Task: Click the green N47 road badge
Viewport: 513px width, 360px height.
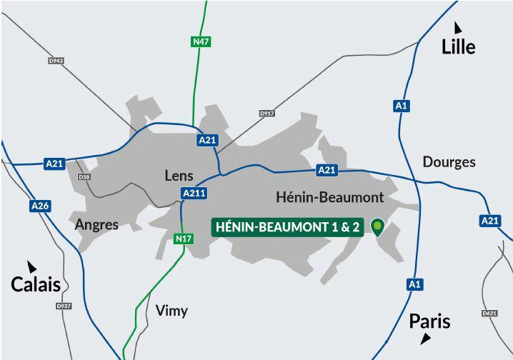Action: click(x=201, y=42)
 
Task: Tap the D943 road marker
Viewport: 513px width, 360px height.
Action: click(x=56, y=61)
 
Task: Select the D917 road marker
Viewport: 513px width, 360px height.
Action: click(x=267, y=114)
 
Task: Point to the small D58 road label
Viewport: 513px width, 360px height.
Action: click(x=84, y=176)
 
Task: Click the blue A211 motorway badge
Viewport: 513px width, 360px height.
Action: click(x=194, y=193)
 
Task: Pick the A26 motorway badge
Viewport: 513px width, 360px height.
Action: click(x=40, y=206)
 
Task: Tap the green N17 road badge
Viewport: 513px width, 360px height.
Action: click(x=184, y=239)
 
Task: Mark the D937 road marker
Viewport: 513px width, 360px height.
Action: click(x=64, y=306)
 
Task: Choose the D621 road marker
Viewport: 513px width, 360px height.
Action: click(x=489, y=313)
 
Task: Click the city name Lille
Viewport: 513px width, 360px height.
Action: click(x=458, y=47)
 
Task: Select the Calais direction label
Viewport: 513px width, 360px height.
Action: click(x=35, y=284)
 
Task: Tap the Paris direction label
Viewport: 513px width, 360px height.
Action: click(x=429, y=321)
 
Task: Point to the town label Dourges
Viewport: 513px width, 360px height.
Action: click(x=449, y=162)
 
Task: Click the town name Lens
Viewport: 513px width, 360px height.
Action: click(x=179, y=175)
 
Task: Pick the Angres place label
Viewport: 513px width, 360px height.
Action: click(x=96, y=224)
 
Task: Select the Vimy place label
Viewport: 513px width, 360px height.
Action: click(x=171, y=310)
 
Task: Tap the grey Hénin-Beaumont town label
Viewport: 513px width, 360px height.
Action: click(x=329, y=197)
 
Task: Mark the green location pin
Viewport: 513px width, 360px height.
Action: click(x=377, y=227)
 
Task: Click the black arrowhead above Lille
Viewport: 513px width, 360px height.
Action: click(x=457, y=28)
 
